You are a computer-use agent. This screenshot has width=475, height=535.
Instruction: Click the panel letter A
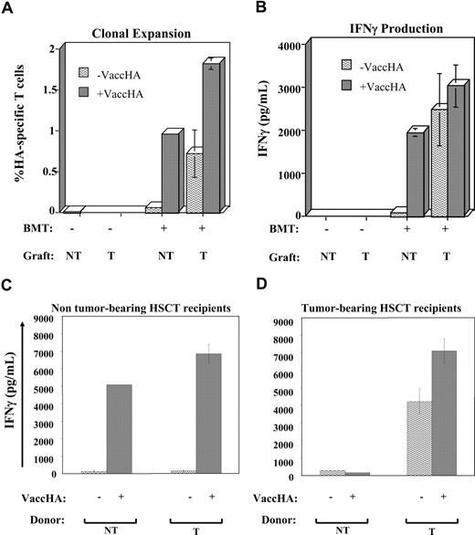point(8,10)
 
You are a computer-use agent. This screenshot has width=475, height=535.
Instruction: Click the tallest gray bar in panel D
point(449,413)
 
